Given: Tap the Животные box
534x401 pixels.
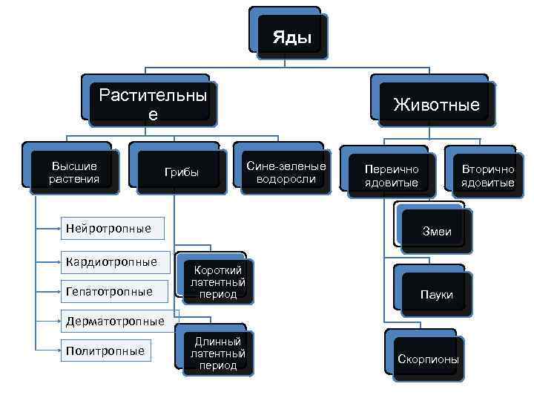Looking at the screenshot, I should pos(436,105).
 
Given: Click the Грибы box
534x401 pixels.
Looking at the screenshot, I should pos(182,173).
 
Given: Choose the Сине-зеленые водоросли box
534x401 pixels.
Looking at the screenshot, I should pos(286,172).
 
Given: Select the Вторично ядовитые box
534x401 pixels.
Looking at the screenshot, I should pos(487,176).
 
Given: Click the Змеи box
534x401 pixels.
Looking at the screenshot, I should pos(436,232).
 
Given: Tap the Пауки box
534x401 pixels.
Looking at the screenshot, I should pos(436,295).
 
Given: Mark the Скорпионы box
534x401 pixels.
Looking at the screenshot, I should pos(428,359).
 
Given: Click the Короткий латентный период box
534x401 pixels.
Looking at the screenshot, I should pos(217,282).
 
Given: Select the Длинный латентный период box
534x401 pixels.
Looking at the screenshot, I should pos(217,353).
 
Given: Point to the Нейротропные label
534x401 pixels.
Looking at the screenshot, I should pos(108,228).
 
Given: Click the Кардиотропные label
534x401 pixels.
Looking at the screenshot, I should pos(111,261).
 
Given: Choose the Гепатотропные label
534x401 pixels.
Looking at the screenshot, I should pos(109,291).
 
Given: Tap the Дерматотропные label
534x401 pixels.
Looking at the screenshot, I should pos(115,322).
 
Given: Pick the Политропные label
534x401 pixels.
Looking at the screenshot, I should pos(105,351).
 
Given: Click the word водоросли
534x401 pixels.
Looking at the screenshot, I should pos(286,179).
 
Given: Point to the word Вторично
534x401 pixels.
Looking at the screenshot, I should pos(487,169).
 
